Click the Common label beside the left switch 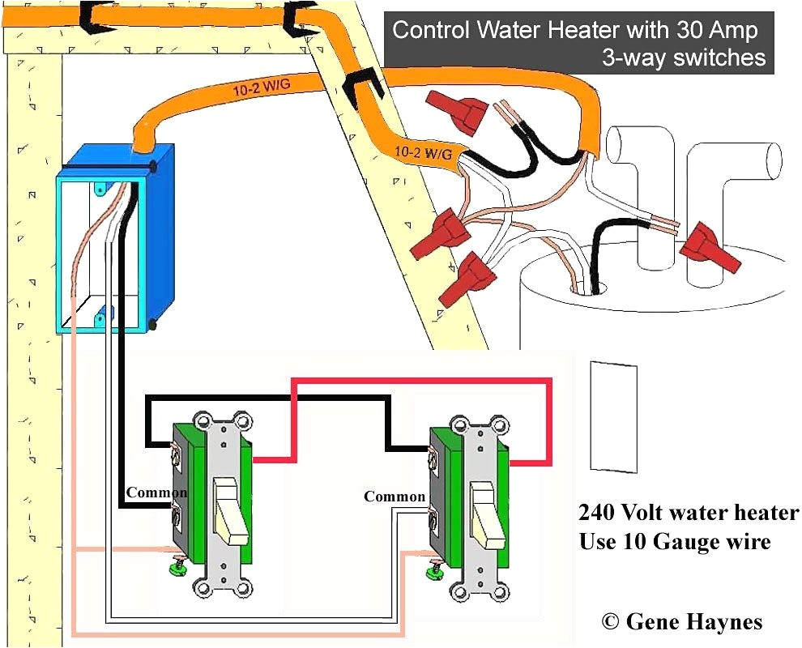pyautogui.click(x=156, y=492)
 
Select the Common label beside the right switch pyautogui.click(x=395, y=497)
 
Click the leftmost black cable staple pyautogui.click(x=93, y=14)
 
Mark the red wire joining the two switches pyautogui.click(x=421, y=380)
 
